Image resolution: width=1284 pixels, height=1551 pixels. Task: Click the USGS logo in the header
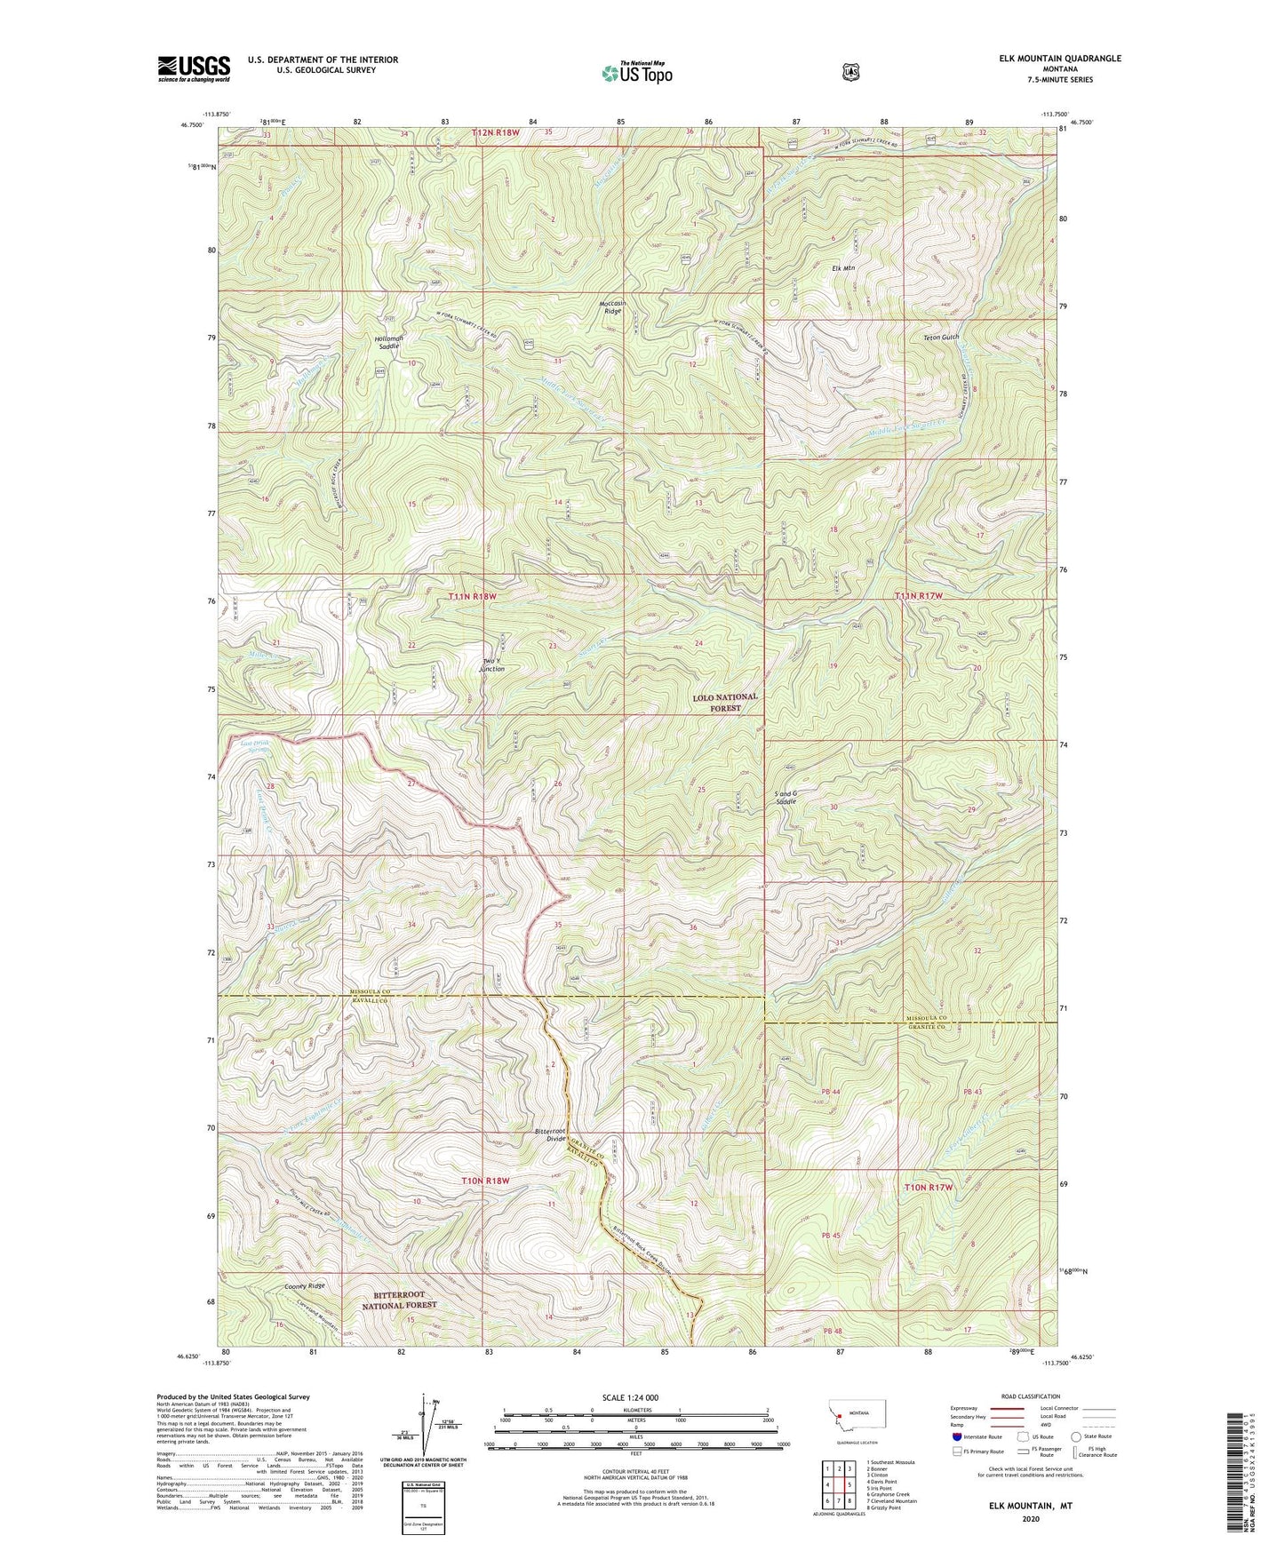(x=194, y=68)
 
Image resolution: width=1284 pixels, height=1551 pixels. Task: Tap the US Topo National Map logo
(x=635, y=72)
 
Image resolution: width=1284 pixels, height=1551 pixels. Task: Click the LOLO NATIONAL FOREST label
(x=725, y=703)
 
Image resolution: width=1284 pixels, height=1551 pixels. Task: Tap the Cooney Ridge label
(x=305, y=1285)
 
